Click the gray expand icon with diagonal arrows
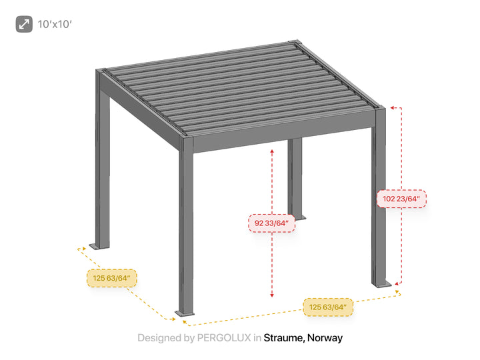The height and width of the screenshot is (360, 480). click(24, 24)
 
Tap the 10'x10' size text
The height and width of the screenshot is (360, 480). click(55, 24)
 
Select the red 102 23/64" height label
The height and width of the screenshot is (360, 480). click(401, 199)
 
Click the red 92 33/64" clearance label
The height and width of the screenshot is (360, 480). click(271, 223)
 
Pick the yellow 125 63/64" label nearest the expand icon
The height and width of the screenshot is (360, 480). click(112, 278)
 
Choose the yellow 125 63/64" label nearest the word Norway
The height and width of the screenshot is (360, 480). click(328, 307)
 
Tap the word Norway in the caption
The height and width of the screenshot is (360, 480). click(325, 337)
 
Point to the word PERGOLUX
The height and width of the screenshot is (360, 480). click(224, 337)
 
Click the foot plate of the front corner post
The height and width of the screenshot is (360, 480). click(185, 313)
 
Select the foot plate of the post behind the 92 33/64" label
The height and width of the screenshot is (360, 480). click(298, 217)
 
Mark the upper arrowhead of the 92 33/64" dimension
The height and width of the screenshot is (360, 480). click(272, 151)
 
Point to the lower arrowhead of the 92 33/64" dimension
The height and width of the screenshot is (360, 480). click(272, 295)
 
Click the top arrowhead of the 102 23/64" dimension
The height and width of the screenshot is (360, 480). click(392, 108)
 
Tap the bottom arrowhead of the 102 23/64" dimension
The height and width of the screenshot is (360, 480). click(397, 284)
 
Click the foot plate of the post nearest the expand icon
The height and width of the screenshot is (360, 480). click(99, 246)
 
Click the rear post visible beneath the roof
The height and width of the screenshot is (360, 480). click(295, 177)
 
